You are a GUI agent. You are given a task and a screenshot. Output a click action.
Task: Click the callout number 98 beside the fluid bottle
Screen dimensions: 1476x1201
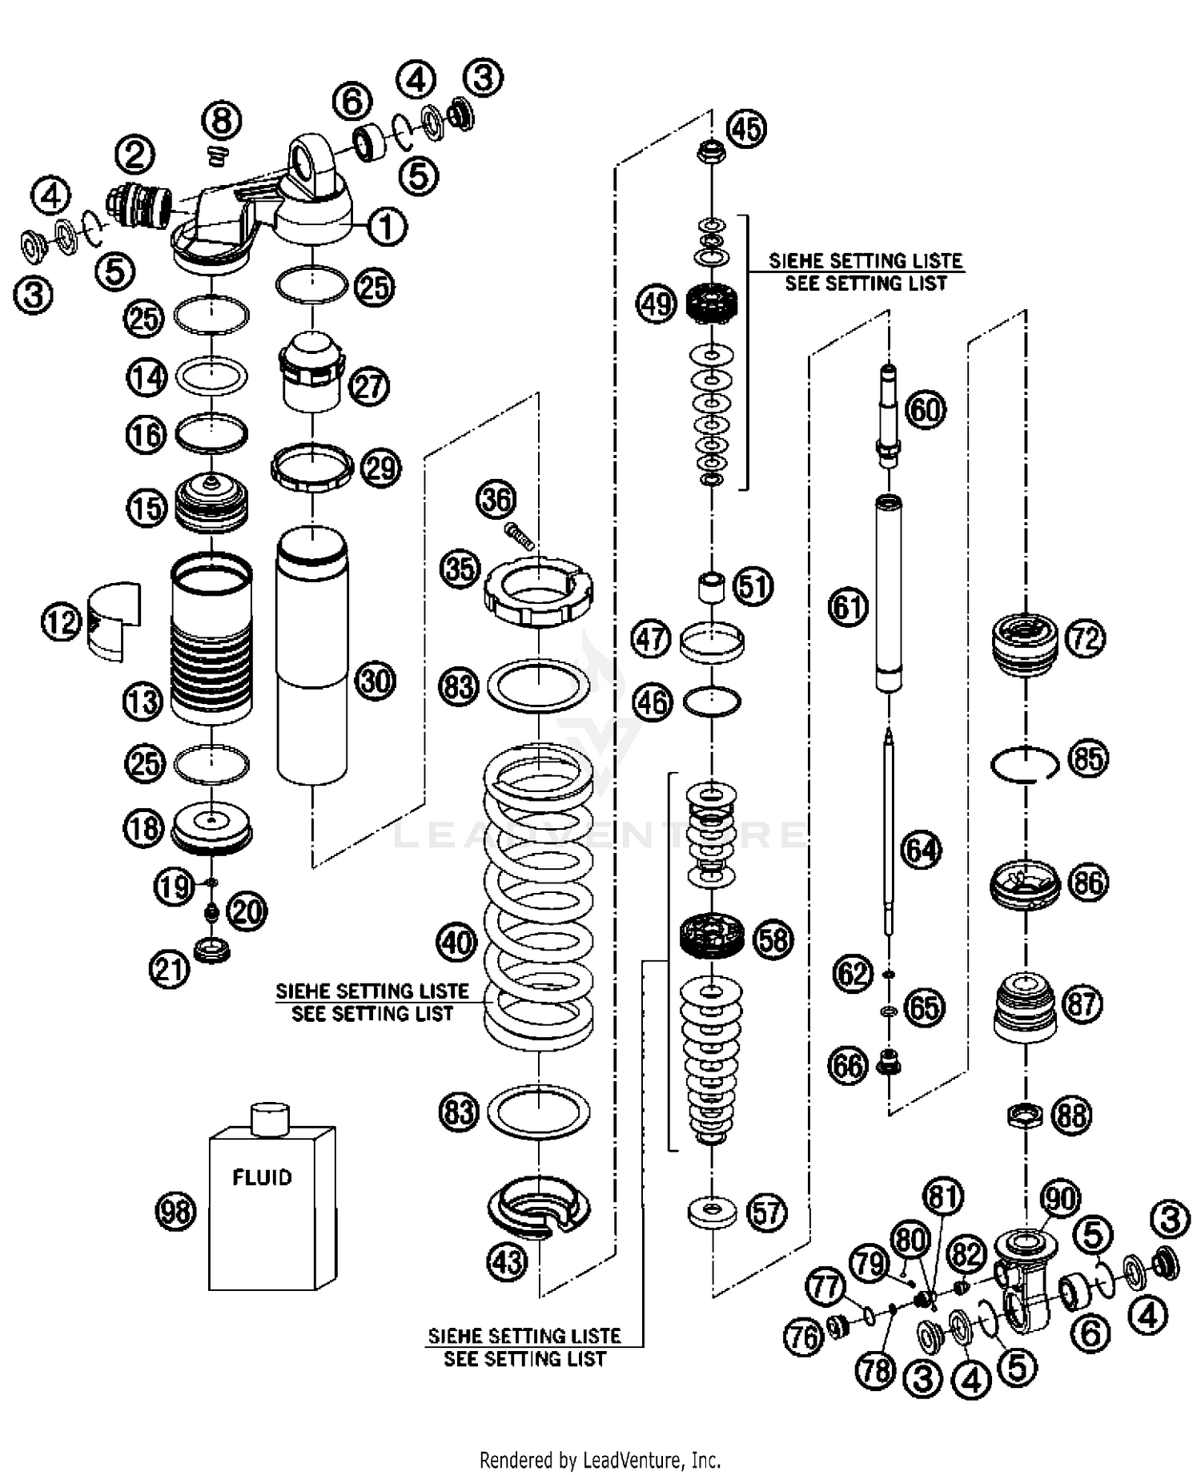(x=175, y=1211)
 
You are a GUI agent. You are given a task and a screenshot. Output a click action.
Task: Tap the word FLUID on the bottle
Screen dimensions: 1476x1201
(x=262, y=1177)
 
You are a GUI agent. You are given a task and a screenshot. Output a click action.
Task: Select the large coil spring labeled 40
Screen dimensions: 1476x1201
(x=538, y=897)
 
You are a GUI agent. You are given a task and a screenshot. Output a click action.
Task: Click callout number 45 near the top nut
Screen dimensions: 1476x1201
(x=746, y=128)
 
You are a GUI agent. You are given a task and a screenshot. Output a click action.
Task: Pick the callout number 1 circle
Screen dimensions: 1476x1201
(x=387, y=227)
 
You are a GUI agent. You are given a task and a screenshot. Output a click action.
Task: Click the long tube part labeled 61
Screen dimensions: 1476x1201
(x=888, y=593)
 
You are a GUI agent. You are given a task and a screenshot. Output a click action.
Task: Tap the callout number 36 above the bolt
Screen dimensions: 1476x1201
(x=496, y=500)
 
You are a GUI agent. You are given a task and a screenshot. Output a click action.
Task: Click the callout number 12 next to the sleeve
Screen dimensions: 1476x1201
(x=62, y=622)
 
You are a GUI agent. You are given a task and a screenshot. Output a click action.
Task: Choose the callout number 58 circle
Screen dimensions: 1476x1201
(x=773, y=939)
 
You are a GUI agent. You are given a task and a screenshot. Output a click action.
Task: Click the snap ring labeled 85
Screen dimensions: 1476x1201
(x=1024, y=763)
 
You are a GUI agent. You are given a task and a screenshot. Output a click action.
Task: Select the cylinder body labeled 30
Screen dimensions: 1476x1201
(x=312, y=657)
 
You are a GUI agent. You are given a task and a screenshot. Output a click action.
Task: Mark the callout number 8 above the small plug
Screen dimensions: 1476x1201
(x=221, y=122)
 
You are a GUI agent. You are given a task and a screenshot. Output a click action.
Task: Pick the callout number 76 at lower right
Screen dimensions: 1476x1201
(x=804, y=1337)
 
